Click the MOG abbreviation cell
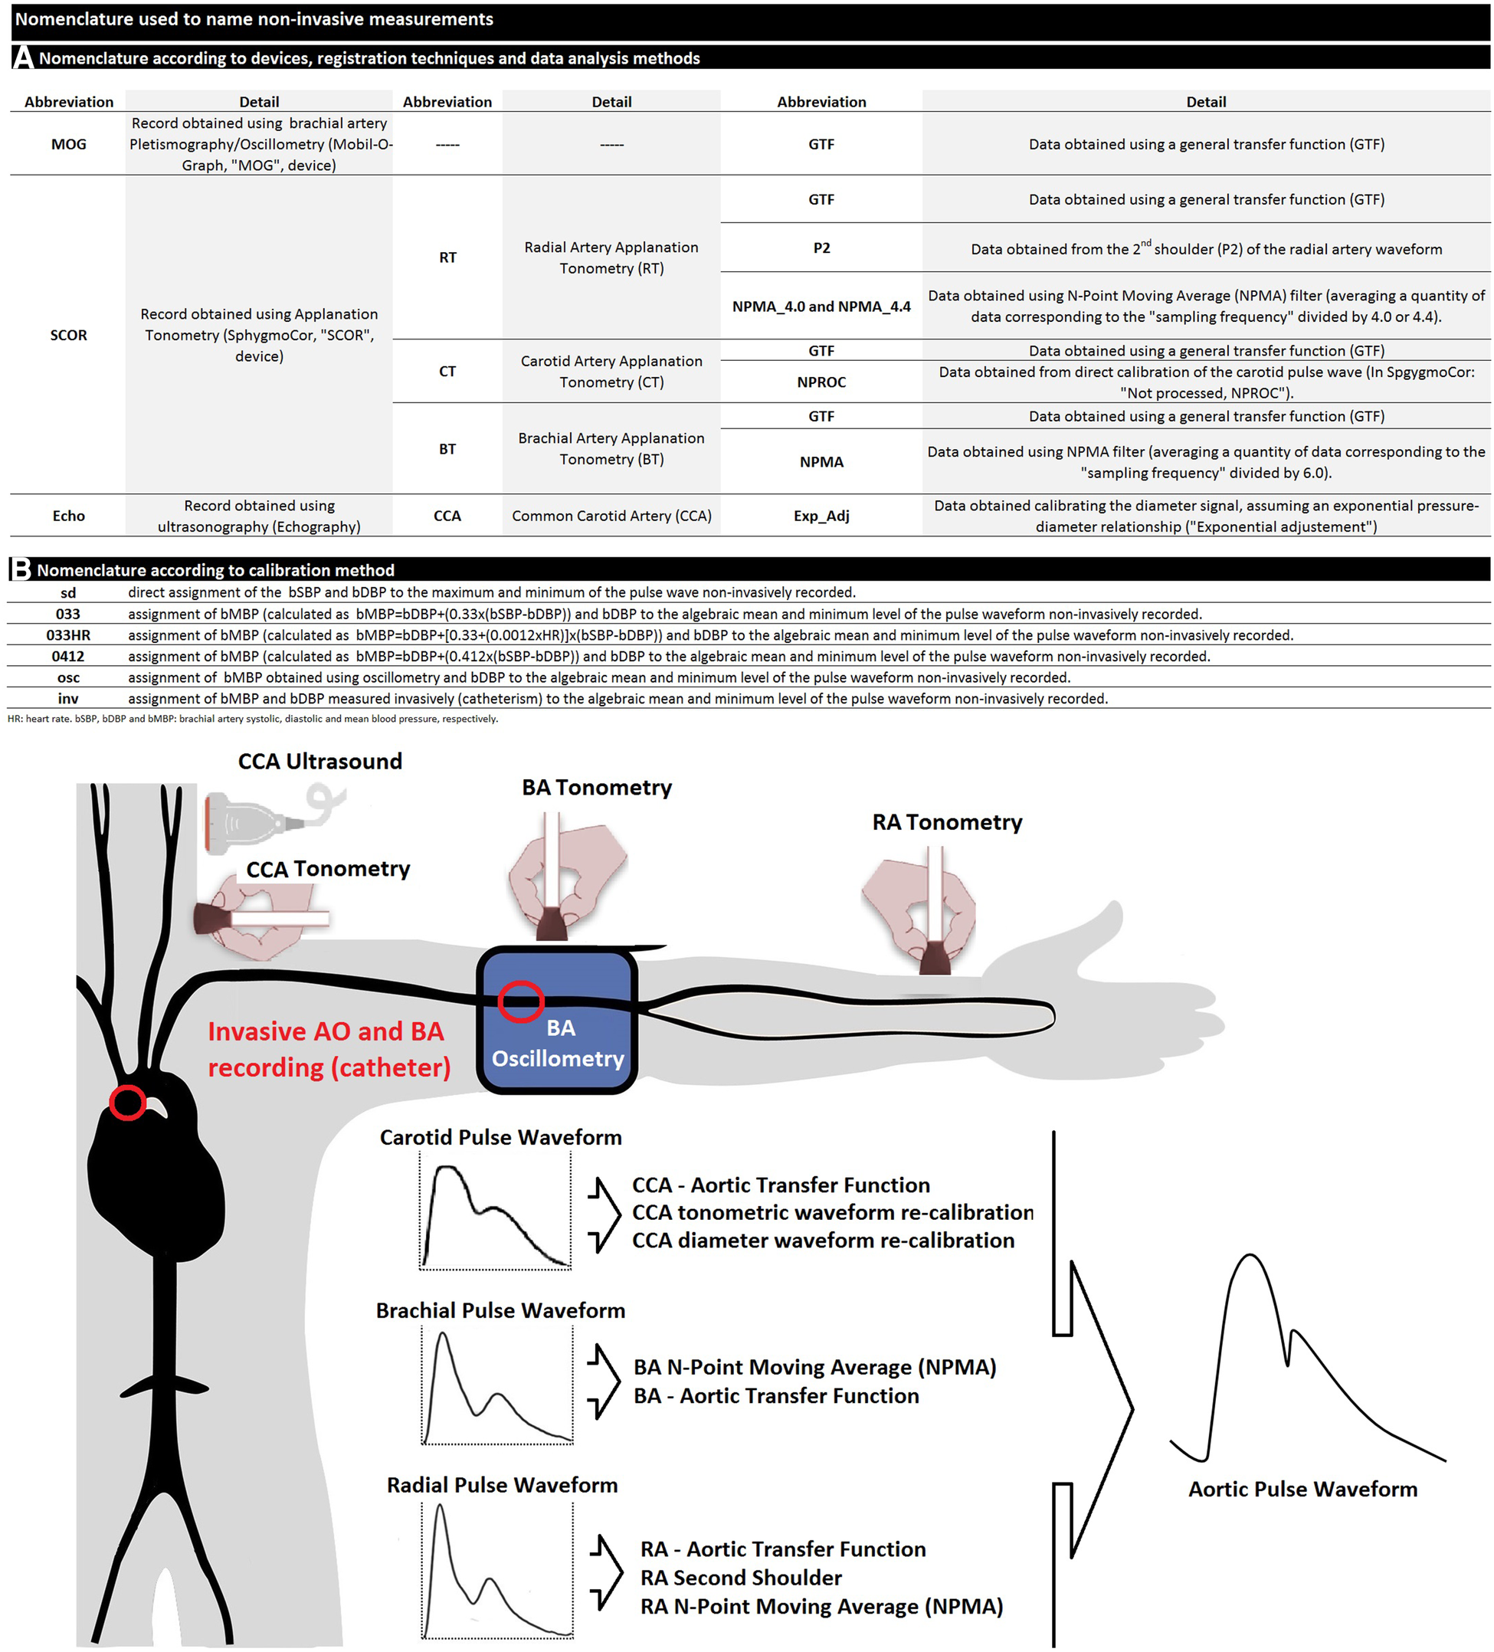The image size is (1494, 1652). pos(68,144)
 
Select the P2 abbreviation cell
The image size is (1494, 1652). pos(821,248)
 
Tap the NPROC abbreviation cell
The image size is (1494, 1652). pos(821,382)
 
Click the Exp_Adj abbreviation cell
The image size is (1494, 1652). pos(821,516)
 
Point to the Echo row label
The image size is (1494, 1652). pos(68,516)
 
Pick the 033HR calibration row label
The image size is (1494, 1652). pos(68,635)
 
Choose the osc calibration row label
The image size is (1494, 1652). pos(68,677)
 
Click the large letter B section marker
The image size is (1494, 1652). pos(21,569)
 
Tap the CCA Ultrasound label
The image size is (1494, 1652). pos(319,762)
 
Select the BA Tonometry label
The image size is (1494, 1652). pos(596,788)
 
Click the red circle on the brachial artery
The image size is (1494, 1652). pos(520,1001)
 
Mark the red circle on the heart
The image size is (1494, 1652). pos(128,1102)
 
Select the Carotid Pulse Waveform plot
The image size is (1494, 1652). pos(495,1211)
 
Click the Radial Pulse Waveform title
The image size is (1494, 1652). pos(502,1485)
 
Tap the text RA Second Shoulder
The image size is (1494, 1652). pos(740,1578)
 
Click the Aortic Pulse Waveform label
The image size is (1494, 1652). pos(1302,1489)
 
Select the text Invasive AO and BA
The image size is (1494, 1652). pos(326,1031)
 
